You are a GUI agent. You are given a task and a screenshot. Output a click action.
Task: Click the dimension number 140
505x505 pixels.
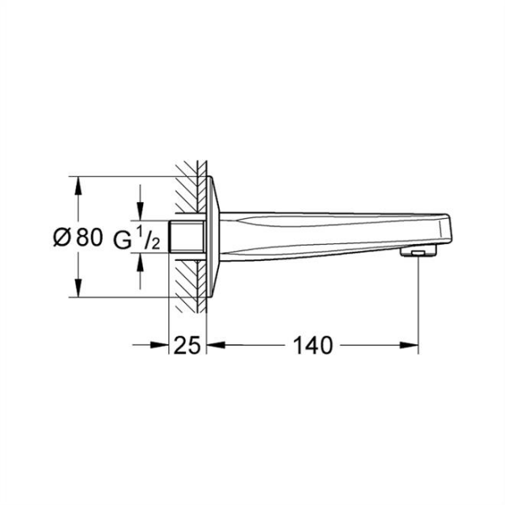click(313, 344)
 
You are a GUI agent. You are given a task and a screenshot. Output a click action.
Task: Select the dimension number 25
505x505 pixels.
click(188, 344)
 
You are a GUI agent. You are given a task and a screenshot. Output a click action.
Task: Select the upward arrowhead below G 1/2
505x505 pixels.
click(140, 262)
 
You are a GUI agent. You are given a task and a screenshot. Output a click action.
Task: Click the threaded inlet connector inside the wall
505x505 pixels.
click(187, 237)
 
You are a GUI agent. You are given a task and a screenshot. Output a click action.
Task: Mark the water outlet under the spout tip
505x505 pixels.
click(417, 252)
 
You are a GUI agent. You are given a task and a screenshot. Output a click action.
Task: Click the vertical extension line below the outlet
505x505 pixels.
click(418, 303)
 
